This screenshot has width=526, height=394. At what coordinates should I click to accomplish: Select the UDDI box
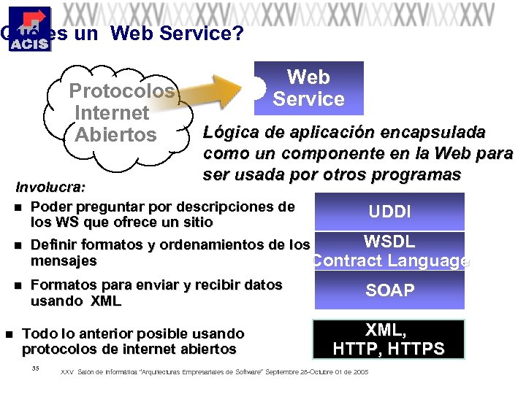tap(389, 212)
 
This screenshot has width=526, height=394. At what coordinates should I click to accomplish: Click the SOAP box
tap(389, 290)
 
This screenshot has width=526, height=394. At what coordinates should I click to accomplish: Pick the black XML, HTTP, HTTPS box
tap(389, 339)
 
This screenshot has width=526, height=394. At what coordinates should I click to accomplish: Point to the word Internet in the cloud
tap(112, 113)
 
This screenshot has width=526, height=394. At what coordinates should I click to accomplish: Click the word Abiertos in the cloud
tap(115, 135)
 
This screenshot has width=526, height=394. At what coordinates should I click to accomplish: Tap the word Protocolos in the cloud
tap(121, 91)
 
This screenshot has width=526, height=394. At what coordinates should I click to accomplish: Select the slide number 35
tap(35, 368)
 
